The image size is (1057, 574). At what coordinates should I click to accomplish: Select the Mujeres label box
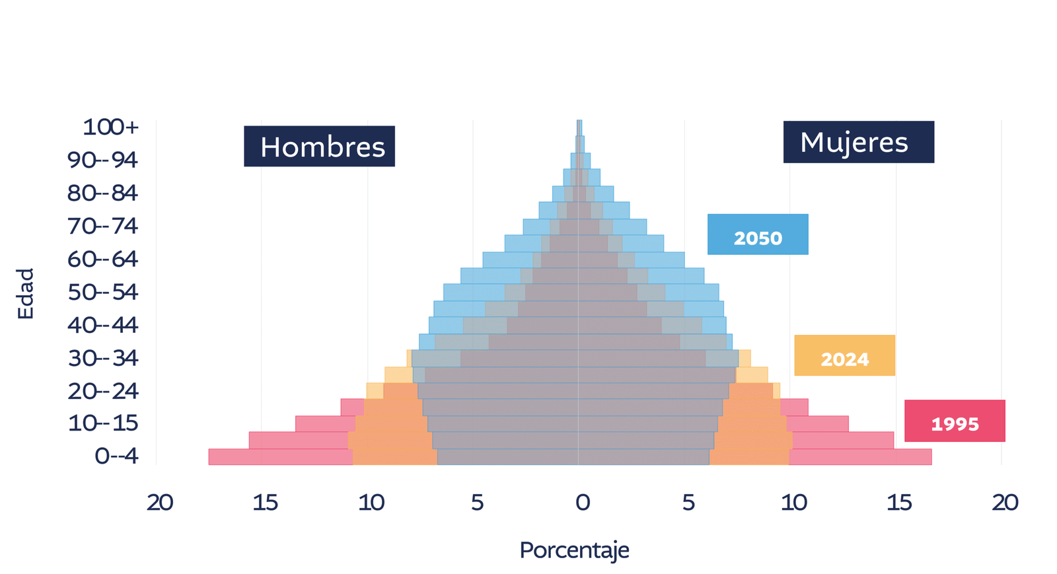click(x=858, y=142)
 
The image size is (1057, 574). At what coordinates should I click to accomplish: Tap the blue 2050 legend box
click(x=758, y=234)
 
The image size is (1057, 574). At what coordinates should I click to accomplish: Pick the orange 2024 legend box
click(x=844, y=356)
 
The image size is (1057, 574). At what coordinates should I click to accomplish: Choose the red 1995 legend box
click(x=955, y=421)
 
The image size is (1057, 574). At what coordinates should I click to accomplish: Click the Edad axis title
click(x=25, y=293)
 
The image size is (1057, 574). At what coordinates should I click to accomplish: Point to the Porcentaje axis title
click(x=574, y=550)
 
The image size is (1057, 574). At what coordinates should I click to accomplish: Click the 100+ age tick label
click(x=110, y=127)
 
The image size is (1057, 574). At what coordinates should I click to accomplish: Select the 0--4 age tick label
click(x=116, y=456)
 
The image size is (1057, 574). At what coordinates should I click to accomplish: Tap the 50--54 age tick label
click(x=102, y=291)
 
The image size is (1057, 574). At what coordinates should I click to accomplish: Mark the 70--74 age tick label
click(x=102, y=226)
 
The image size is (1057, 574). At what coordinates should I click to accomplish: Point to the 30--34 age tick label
click(x=102, y=357)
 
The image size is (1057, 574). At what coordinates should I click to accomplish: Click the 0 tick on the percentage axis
click(x=582, y=503)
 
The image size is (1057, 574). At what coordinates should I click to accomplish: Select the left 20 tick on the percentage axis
click(x=160, y=503)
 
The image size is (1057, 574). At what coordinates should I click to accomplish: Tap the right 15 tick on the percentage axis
click(x=899, y=503)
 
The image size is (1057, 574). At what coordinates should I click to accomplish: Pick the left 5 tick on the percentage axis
click(x=477, y=503)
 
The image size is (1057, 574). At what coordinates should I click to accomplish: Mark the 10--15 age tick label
click(x=102, y=423)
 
